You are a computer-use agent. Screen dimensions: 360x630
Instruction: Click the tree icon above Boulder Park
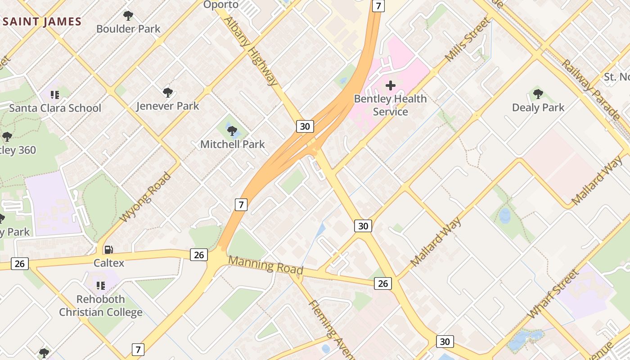point(128,16)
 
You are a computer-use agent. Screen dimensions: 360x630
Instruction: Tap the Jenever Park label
point(167,107)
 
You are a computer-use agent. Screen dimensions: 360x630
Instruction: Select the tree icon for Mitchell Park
point(232,131)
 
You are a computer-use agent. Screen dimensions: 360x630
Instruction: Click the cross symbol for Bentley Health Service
point(390,85)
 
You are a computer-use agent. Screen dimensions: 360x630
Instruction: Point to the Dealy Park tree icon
point(538,94)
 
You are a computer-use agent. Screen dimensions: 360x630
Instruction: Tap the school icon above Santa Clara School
point(55,94)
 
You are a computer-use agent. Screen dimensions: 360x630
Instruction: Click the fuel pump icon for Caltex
point(108,249)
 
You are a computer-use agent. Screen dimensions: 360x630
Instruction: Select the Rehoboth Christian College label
point(101,306)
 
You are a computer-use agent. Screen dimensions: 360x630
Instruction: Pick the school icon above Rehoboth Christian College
point(101,285)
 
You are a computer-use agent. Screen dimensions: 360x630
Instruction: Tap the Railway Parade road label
point(589,90)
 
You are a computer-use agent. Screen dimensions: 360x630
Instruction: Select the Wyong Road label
point(146,197)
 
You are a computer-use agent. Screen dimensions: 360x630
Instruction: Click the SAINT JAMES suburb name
point(42,22)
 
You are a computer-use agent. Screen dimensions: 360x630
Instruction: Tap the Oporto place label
point(221,4)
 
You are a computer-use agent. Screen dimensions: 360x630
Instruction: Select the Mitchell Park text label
point(232,144)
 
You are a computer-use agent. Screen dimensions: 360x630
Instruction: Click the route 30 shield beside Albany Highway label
point(305,126)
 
